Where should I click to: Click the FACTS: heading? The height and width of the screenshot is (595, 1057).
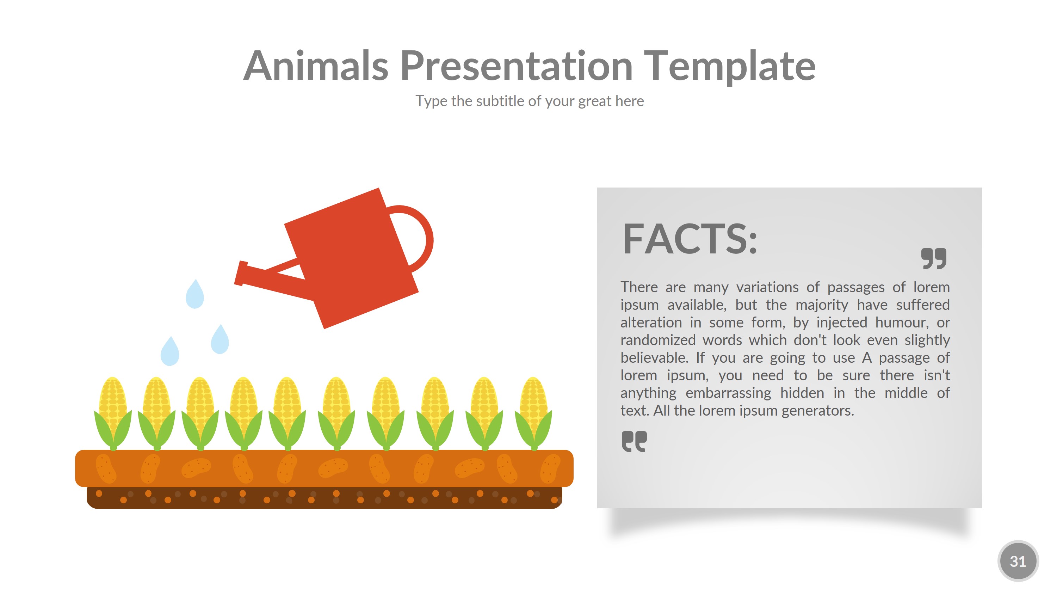tap(690, 239)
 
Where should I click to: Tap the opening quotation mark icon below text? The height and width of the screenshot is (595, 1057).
tap(634, 441)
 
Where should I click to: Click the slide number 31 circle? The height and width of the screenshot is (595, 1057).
tap(1018, 561)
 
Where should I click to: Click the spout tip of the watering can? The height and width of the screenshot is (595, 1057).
tap(240, 273)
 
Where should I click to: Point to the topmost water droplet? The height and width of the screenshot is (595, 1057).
tap(194, 294)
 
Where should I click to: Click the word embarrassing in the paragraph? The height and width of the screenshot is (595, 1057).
tap(728, 393)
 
